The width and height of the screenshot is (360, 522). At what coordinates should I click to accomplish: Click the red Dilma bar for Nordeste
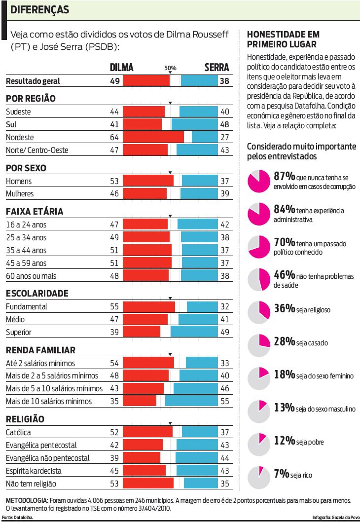click(x=153, y=137)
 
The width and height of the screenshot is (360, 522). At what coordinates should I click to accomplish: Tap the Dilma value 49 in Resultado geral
click(x=114, y=81)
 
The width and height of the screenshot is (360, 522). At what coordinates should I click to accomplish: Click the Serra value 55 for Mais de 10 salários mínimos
click(x=224, y=401)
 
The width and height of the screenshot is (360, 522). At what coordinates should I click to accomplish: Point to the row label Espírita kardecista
click(x=34, y=471)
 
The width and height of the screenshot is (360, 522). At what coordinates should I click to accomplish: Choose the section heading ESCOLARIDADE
click(x=37, y=294)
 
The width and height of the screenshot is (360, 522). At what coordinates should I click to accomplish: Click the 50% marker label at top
click(x=170, y=68)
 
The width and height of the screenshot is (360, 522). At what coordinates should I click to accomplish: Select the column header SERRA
click(x=216, y=68)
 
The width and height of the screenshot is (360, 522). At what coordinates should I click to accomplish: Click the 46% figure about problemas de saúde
click(x=284, y=275)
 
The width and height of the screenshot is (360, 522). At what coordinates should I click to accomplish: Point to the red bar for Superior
click(x=142, y=332)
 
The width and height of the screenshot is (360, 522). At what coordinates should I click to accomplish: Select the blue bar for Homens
click(x=200, y=181)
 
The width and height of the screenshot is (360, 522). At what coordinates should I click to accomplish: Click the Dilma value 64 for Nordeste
click(x=114, y=137)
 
